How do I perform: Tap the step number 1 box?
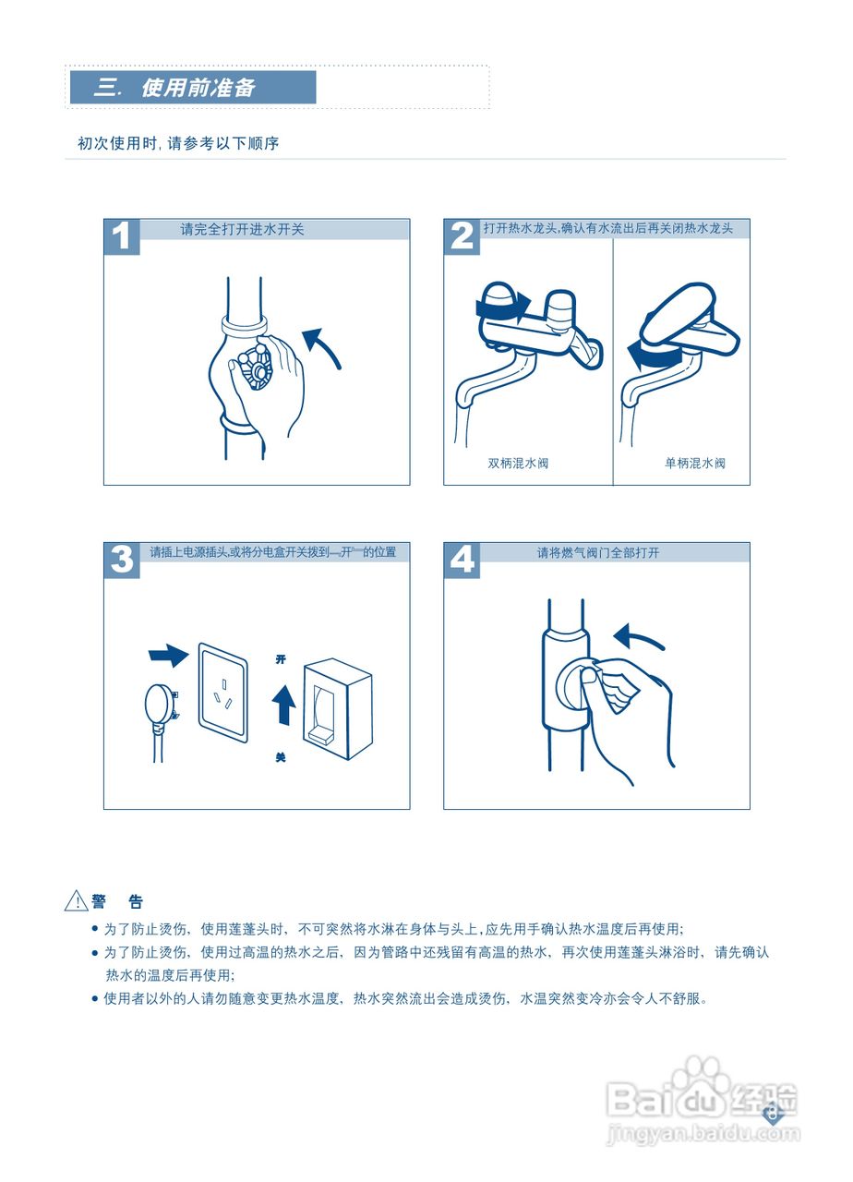click(122, 236)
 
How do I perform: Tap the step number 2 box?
click(462, 236)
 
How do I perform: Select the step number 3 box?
click(122, 561)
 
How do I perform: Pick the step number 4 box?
click(462, 561)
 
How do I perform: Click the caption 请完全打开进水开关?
click(242, 230)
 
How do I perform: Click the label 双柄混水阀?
click(518, 464)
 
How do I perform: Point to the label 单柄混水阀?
click(694, 464)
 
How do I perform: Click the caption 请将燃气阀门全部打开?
click(598, 553)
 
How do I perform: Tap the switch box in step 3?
click(338, 708)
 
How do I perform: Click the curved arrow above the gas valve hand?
click(639, 637)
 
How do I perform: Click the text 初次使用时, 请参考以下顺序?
click(178, 144)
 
